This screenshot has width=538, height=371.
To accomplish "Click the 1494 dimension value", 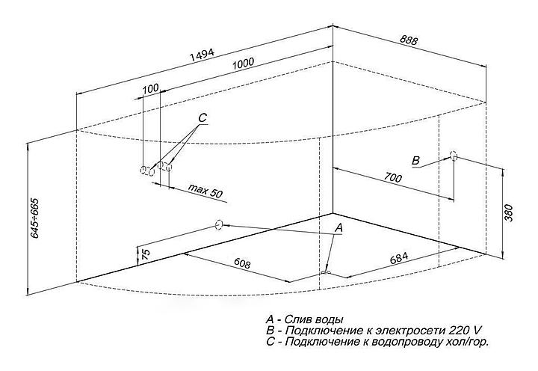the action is (x=202, y=55).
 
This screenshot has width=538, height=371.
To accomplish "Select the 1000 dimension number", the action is (x=243, y=64).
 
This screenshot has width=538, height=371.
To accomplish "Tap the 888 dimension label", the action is (x=409, y=40).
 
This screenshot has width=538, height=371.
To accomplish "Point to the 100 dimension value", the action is (x=151, y=88).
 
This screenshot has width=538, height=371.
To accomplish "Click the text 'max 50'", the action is (x=205, y=191).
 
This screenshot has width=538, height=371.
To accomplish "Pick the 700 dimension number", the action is (x=392, y=177).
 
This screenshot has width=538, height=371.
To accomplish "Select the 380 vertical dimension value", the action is (x=509, y=212).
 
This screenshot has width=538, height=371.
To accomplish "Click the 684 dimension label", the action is (x=399, y=257).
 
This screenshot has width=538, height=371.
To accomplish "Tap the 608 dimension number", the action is (x=242, y=263).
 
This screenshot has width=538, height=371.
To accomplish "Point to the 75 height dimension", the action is (x=146, y=254).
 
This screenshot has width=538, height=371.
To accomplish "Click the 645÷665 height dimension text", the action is (x=35, y=218).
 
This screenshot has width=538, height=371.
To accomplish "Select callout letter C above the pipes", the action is (x=202, y=118).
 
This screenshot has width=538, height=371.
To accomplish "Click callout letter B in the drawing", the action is (x=415, y=160).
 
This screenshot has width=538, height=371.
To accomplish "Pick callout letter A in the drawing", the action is (x=338, y=227).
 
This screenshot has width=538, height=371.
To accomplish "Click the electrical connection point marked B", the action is (x=454, y=156).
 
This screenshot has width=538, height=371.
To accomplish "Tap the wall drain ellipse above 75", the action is (x=219, y=225).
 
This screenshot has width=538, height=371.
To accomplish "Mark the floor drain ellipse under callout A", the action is (x=325, y=272).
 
